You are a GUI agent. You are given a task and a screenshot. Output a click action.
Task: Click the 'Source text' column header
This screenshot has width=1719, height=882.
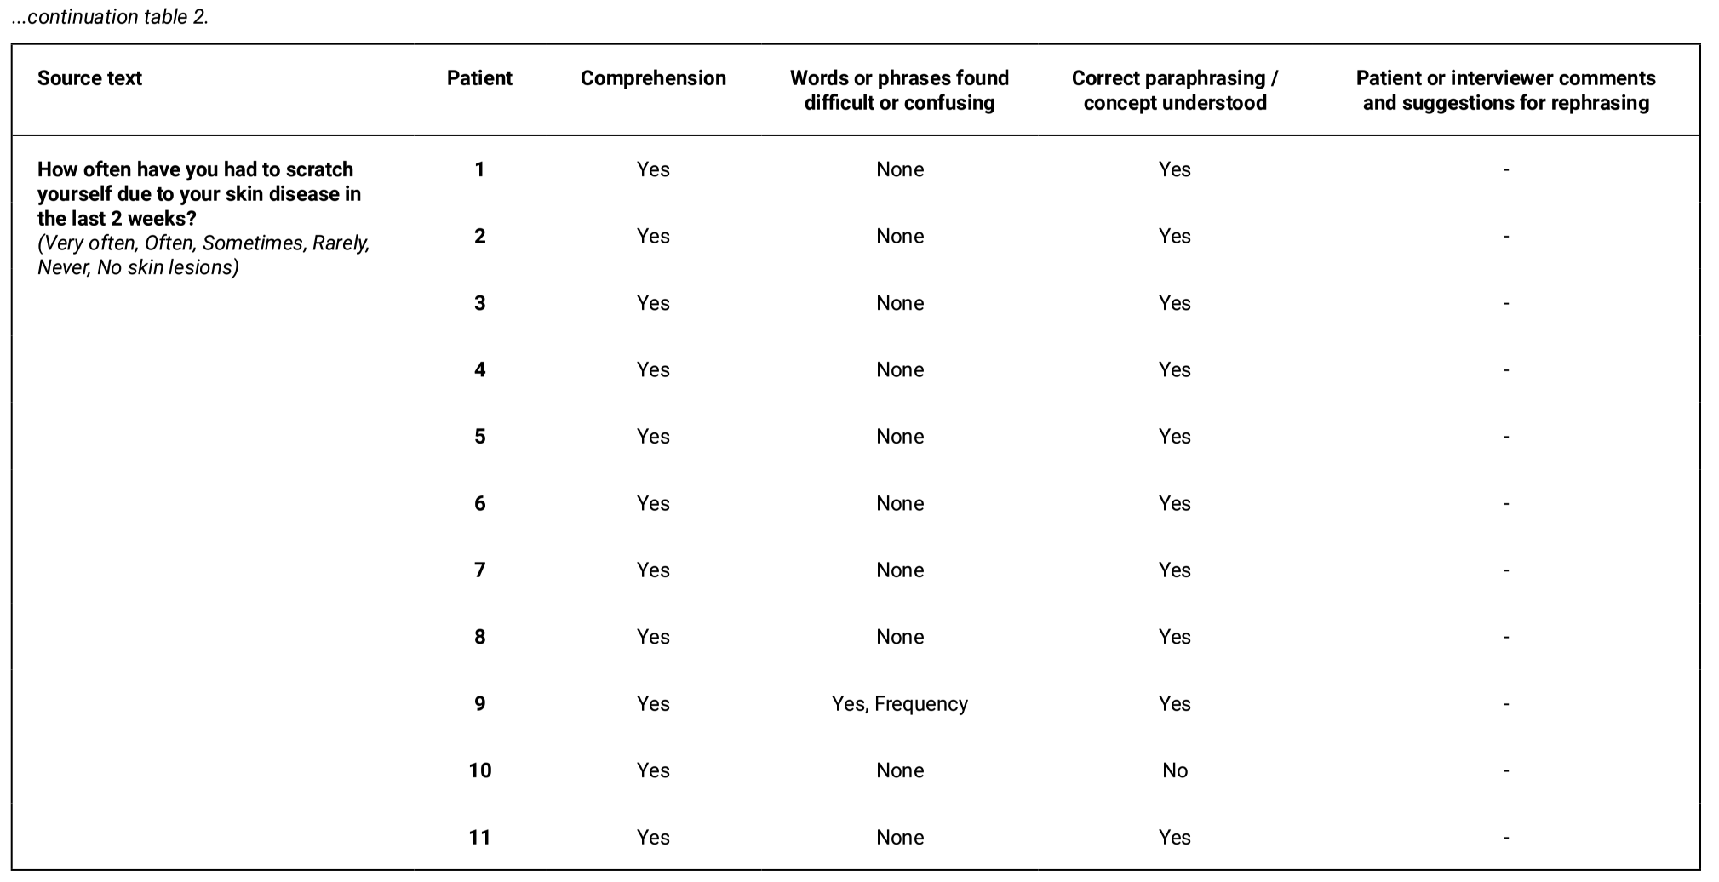tap(89, 78)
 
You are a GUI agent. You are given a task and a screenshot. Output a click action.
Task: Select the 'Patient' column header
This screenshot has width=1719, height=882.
tap(479, 78)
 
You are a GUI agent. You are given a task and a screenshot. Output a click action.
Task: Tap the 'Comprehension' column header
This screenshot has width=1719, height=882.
tap(653, 78)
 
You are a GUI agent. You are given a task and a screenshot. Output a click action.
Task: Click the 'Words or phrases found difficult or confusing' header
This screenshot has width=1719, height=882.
tap(899, 90)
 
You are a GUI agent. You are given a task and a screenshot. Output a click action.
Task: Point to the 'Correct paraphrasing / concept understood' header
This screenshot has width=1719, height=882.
tap(1174, 90)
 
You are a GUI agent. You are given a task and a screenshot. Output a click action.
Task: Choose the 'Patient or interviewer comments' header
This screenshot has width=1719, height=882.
tap(1505, 90)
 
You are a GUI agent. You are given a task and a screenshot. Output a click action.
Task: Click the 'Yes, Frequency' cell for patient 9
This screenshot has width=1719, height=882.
tap(899, 704)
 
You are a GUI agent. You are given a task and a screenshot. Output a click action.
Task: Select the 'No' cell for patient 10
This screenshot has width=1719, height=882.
tap(1174, 770)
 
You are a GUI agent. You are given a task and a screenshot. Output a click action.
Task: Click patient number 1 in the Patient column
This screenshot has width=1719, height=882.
tap(479, 169)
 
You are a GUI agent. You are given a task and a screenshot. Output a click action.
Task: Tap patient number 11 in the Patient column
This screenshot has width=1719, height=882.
tap(479, 838)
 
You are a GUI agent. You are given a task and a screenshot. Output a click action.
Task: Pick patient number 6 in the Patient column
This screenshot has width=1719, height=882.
tap(479, 504)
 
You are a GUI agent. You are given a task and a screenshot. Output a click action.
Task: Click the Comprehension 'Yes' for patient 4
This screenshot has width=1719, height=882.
tap(653, 370)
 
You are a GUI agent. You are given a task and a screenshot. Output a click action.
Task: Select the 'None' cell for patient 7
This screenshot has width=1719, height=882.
tap(899, 570)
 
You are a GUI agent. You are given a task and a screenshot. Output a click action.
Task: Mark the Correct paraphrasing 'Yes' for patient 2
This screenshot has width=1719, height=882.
tap(1174, 237)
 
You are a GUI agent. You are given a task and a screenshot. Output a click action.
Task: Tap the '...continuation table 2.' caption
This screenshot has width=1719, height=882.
tap(110, 17)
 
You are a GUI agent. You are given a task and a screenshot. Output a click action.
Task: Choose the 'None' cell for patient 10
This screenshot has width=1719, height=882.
tap(899, 770)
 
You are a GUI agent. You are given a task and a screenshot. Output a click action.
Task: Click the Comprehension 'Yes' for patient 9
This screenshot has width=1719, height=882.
tap(653, 704)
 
